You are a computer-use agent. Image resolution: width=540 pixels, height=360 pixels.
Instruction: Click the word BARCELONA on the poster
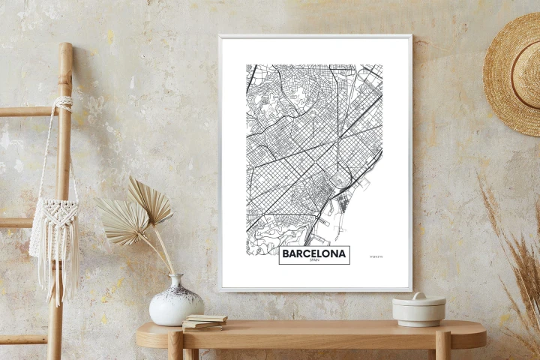coord(314,254)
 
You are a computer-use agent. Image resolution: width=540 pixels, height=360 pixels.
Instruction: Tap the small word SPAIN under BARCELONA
coord(314,262)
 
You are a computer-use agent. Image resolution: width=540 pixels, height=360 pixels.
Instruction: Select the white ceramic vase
coord(175,301)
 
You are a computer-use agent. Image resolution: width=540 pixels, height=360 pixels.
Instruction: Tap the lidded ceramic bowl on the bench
coord(418,309)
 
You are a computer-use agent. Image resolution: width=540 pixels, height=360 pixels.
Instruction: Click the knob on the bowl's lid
coord(418,295)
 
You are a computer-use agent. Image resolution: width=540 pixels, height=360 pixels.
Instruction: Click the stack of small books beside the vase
coord(204,322)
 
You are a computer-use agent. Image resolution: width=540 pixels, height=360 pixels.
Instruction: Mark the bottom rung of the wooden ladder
coord(22,339)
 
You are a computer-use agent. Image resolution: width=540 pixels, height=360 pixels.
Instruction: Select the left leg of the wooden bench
coord(175,346)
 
